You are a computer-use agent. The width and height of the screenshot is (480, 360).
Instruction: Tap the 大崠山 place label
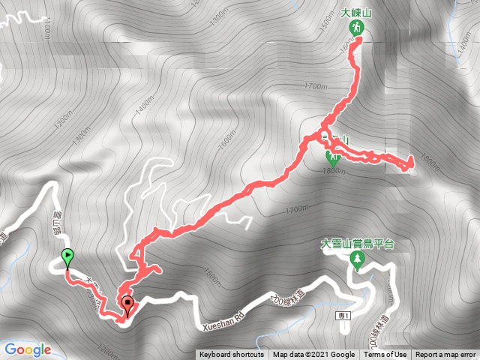tap(357, 13)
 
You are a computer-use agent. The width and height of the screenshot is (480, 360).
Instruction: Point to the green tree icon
tap(357, 259)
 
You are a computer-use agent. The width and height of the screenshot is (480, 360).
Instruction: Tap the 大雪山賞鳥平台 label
tap(358, 244)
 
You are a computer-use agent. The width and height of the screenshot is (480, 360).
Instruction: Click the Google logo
tap(27, 349)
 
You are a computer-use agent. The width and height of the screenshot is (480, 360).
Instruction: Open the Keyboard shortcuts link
tap(232, 355)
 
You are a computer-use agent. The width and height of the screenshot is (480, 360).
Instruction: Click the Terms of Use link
tap(386, 355)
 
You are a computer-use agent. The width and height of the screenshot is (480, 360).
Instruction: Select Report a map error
tap(445, 355)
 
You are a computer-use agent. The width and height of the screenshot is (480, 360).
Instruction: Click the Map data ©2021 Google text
tap(313, 355)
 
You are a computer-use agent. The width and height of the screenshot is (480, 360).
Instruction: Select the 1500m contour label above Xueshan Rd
tap(212, 277)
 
